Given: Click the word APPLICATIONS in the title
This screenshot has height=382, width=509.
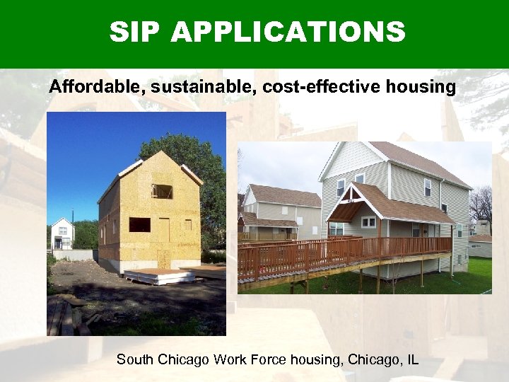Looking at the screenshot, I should tap(289, 33).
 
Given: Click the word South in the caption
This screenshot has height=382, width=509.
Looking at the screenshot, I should tap(134, 359).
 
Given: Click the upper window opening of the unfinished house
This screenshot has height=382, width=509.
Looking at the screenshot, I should tap(163, 191).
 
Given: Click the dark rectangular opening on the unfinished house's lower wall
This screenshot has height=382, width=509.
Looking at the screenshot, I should tap(139, 224).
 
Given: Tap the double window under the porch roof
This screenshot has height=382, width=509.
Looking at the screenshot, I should tap(368, 222).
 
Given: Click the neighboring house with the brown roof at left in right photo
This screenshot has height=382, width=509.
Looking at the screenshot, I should tap(279, 209).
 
